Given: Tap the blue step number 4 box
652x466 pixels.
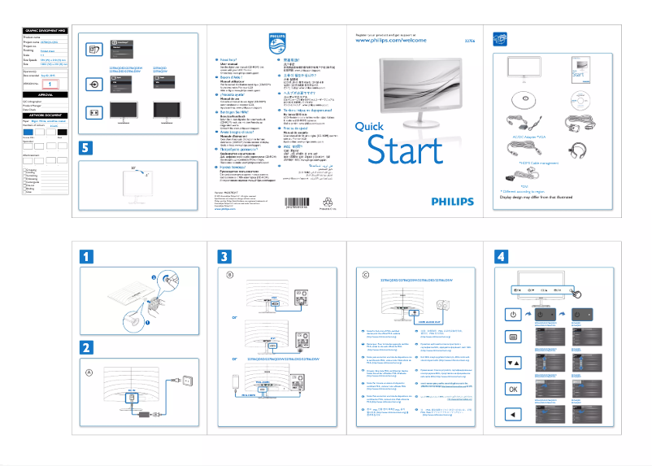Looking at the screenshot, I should tap(502, 255).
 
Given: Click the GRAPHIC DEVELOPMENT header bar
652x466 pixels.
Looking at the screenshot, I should tap(45, 29).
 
